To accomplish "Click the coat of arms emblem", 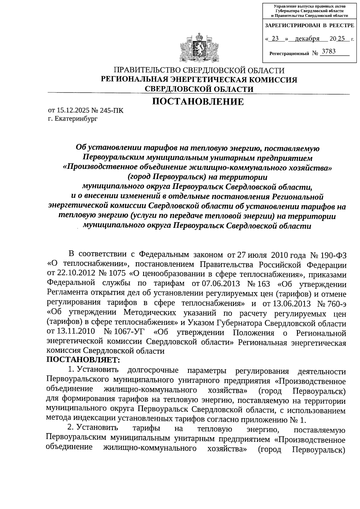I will (x=198, y=48).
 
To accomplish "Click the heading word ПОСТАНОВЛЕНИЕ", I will (x=198, y=102).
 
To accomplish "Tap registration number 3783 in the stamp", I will (x=328, y=52).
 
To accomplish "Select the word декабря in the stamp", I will (x=307, y=39).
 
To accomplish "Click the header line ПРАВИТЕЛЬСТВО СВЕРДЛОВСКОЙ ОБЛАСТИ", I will (x=198, y=71).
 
